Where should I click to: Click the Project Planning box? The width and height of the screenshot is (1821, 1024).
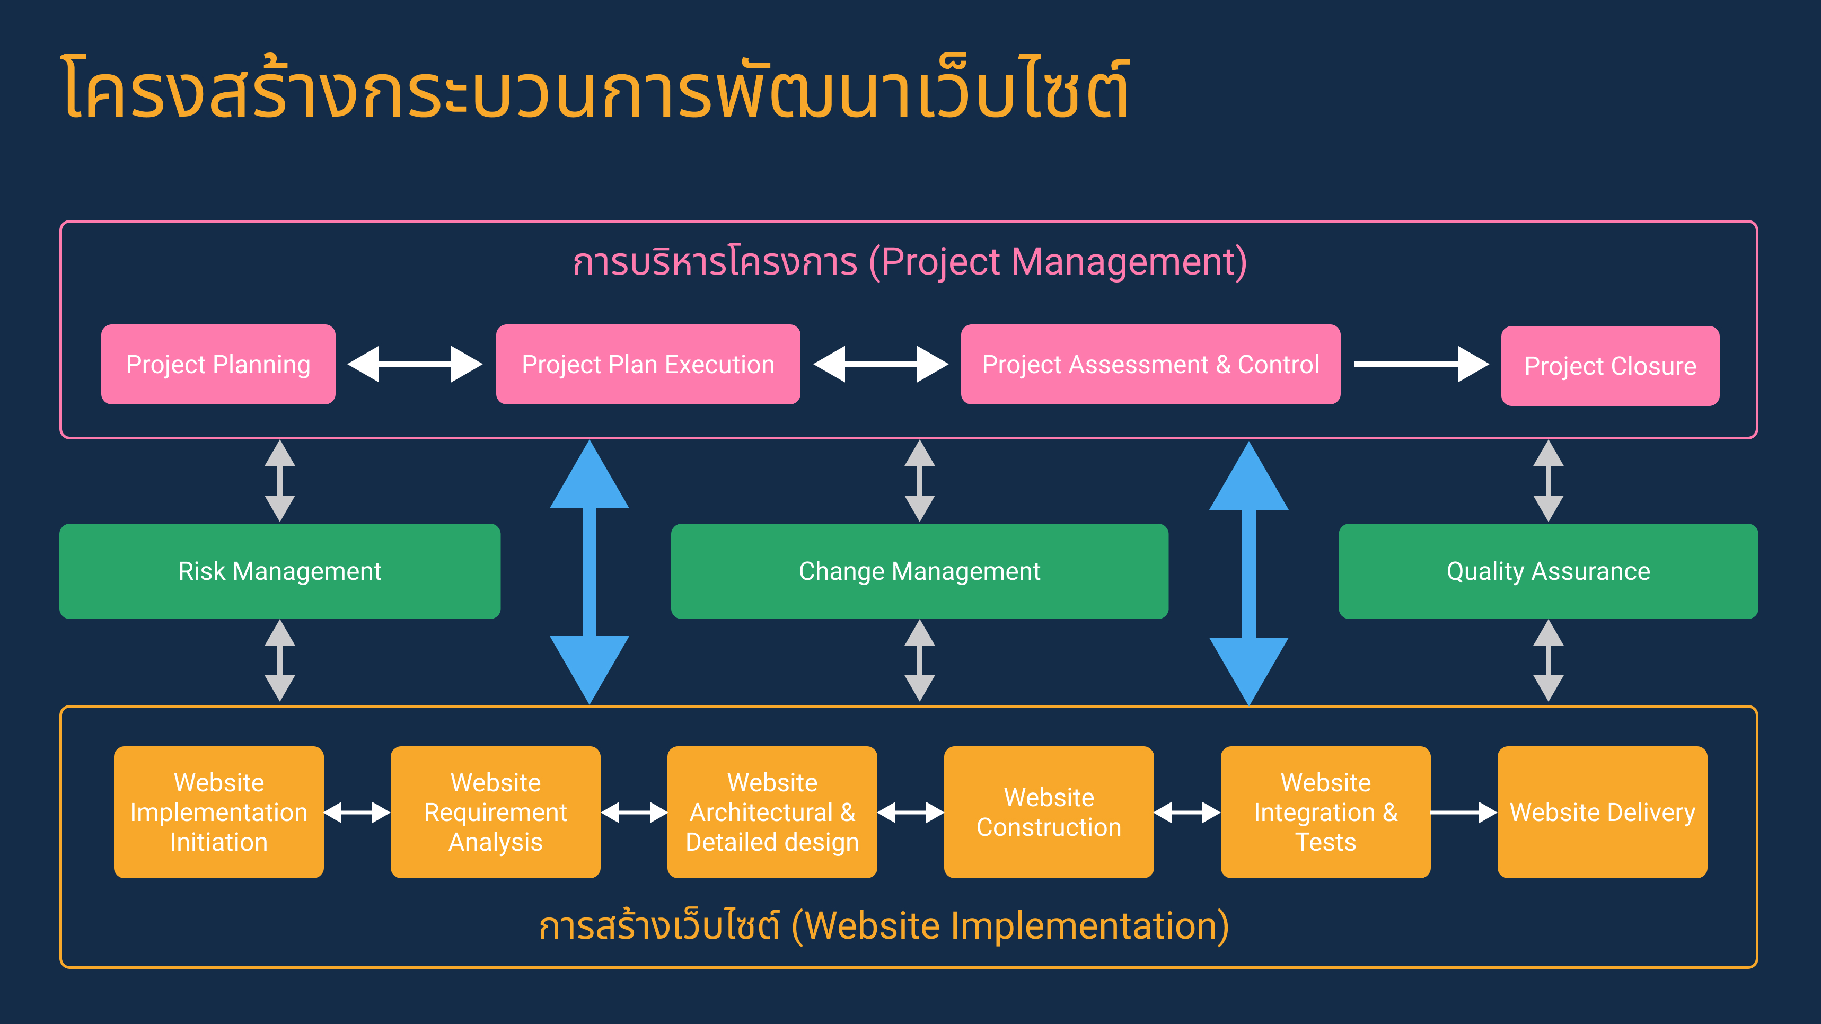coord(218,365)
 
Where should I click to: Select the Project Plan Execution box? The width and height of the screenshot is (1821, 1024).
coord(648,365)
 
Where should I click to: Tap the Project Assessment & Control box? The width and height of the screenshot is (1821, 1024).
coord(1150,365)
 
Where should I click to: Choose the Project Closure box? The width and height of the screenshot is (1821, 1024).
coord(1611,366)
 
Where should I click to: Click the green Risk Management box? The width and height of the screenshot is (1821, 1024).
coord(280,571)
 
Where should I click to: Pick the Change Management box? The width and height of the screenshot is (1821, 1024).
coord(920,571)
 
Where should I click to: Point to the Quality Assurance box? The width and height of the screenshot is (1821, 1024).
coord(1548,571)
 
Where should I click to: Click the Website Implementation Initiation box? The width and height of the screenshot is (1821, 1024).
coord(219,812)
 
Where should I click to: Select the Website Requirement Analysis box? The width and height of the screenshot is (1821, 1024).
coord(496,812)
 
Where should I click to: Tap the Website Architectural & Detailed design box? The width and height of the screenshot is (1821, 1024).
coord(772,812)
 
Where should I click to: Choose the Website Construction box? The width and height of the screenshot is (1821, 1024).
coord(1049,812)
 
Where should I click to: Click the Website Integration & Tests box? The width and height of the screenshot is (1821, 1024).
coord(1325,812)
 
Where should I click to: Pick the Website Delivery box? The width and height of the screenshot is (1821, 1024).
coord(1603,812)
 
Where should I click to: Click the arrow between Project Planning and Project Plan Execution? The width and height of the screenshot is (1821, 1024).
coord(415,364)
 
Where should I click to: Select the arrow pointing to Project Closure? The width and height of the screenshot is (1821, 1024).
coord(1421,364)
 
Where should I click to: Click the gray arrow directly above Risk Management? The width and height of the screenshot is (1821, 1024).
coord(280,481)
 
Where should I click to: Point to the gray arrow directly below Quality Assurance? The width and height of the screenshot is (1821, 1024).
coord(1548,661)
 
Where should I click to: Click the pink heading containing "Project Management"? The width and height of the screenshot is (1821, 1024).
coord(910,262)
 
